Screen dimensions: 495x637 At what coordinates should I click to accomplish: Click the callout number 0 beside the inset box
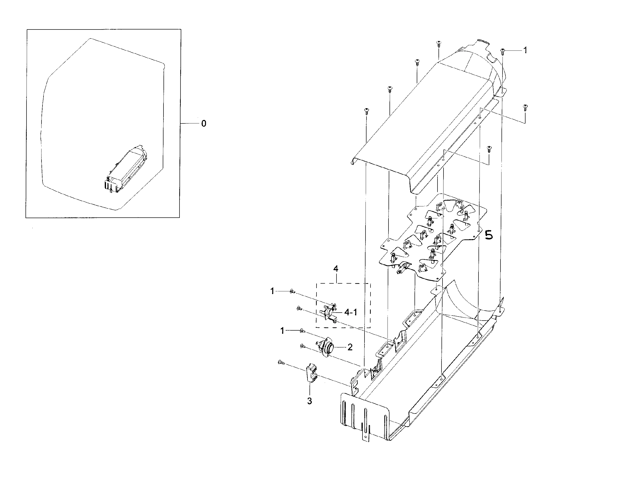tap(203, 124)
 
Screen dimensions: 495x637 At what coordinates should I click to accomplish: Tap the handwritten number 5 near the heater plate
tap(489, 235)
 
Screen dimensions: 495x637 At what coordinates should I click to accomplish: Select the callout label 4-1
tap(350, 312)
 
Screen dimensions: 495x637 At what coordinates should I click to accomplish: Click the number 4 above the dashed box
tap(336, 269)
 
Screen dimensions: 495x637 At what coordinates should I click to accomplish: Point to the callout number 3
tap(309, 401)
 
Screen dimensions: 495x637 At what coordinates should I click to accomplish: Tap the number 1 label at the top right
tap(525, 50)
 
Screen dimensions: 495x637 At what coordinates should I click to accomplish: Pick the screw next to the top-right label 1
tap(502, 51)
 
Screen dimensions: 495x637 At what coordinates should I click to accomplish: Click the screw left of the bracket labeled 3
tap(281, 362)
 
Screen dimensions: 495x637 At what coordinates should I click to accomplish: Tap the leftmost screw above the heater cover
tap(366, 110)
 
